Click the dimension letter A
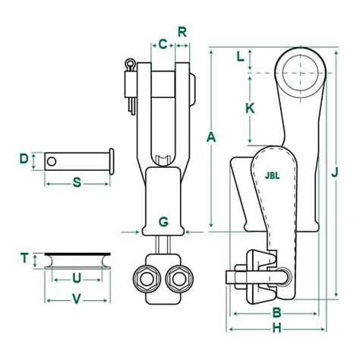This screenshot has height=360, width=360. (x=211, y=137)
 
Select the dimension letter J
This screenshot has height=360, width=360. (x=334, y=172)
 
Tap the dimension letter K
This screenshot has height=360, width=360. (x=250, y=108)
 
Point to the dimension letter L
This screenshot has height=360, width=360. (x=241, y=56)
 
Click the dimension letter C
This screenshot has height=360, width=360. (x=163, y=44)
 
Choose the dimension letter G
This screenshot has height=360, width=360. (x=163, y=222)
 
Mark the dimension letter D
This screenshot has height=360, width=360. (x=24, y=159)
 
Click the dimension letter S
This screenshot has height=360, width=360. (x=76, y=182)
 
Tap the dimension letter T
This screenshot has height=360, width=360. (x=24, y=258)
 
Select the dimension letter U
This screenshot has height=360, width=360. (x=76, y=278)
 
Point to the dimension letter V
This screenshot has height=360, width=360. (x=76, y=299)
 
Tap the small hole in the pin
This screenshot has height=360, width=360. (x=52, y=160)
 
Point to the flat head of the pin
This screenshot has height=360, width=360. (x=111, y=159)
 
